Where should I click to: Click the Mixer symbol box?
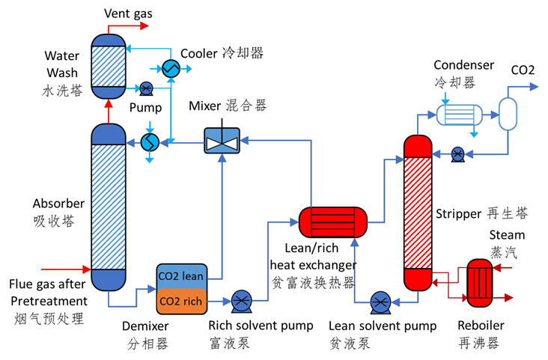point(222,141)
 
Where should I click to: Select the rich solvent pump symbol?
point(241,302)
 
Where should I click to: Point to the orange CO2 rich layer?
point(180,301)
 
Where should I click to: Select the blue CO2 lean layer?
point(180,275)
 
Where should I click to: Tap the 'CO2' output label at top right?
point(523,70)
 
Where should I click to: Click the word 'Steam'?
point(507,235)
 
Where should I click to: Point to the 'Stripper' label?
point(458,214)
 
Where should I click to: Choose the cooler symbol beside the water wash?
point(171,68)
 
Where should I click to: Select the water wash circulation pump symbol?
point(147,88)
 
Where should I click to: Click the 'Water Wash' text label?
point(61,64)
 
